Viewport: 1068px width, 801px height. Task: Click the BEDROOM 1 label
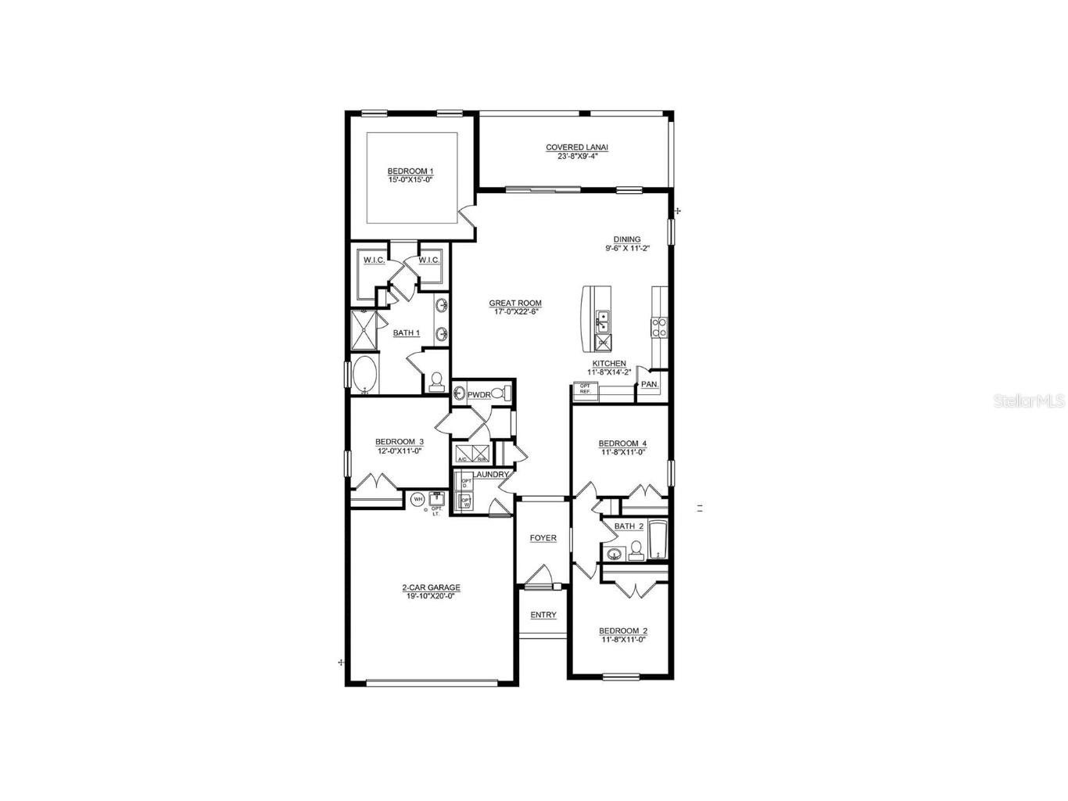tap(410, 171)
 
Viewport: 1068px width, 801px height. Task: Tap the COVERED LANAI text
tap(576, 147)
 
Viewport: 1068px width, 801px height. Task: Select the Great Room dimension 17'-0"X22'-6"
tap(515, 312)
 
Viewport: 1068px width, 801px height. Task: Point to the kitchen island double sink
tap(602, 319)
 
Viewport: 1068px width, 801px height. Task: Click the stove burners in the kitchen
tap(659, 326)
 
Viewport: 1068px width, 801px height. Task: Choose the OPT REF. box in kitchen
tap(585, 388)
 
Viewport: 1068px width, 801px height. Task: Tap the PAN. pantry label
tap(649, 385)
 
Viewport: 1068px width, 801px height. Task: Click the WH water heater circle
tap(418, 498)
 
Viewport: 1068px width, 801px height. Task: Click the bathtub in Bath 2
tap(658, 540)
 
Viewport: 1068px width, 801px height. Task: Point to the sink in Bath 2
tap(615, 555)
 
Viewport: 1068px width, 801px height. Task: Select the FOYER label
tap(543, 538)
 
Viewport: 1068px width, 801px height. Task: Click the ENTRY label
tap(543, 615)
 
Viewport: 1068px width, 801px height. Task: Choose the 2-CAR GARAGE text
tap(431, 587)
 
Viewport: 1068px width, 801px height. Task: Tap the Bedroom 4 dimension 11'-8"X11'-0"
tap(623, 452)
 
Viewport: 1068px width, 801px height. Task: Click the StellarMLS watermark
tap(1028, 401)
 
